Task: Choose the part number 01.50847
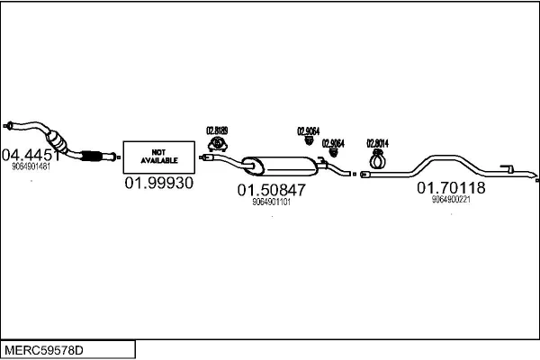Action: pyautogui.click(x=271, y=190)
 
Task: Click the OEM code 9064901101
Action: pyautogui.click(x=271, y=202)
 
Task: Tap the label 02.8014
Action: pyautogui.click(x=377, y=143)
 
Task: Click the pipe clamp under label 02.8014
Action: pyautogui.click(x=378, y=161)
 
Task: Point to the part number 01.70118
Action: pyautogui.click(x=451, y=188)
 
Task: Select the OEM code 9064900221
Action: pyautogui.click(x=451, y=201)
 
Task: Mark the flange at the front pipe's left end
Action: pyautogui.click(x=9, y=124)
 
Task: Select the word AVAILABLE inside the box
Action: pyautogui.click(x=158, y=160)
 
